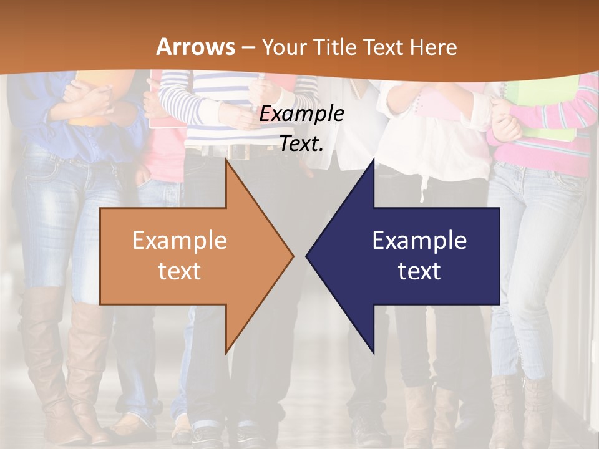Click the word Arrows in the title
(196, 47)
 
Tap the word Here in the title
(433, 47)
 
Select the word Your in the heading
(281, 47)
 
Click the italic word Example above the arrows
(301, 114)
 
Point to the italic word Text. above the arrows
(301, 144)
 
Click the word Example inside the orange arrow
(180, 241)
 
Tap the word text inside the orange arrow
(180, 271)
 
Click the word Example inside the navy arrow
(419, 241)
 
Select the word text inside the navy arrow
(419, 271)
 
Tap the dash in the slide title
(248, 47)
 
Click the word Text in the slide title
(383, 47)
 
